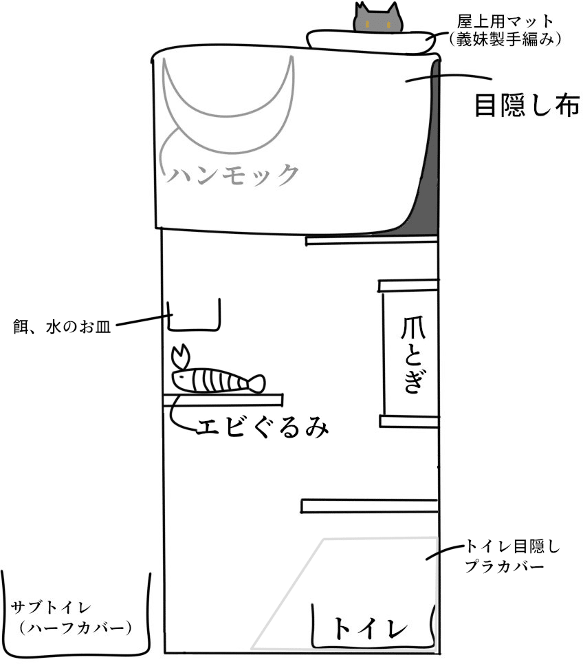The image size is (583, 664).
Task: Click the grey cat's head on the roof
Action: (376, 19)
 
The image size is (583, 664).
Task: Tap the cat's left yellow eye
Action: (366, 25)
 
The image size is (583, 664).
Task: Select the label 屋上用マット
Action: (504, 20)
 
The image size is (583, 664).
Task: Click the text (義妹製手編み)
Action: (504, 40)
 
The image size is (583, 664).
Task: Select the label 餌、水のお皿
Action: (62, 323)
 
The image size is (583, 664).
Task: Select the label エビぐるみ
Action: (261, 427)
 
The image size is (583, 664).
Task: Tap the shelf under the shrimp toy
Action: (223, 398)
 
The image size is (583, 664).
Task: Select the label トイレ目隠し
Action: (513, 547)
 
